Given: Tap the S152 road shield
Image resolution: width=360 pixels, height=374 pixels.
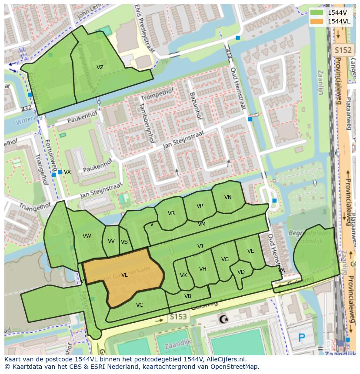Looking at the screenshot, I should click(342, 50).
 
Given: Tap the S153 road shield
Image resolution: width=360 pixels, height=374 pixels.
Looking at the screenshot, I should click(178, 317).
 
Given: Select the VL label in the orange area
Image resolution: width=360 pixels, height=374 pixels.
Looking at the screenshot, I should click(124, 275).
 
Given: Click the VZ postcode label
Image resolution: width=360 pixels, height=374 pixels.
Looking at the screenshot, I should click(100, 67).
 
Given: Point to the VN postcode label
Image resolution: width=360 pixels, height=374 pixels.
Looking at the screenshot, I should click(228, 197).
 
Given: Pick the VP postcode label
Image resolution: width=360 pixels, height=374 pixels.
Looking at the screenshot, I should click(200, 206).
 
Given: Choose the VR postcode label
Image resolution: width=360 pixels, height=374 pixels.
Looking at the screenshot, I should click(171, 213).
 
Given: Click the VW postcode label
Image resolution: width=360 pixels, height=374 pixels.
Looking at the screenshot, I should click(87, 236).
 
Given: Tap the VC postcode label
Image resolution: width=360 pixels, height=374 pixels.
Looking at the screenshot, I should click(139, 305).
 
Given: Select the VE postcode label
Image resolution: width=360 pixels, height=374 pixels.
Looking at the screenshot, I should click(250, 251).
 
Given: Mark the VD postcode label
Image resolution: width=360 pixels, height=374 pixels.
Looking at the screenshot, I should click(241, 272).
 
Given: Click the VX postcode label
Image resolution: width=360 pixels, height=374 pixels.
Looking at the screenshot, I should click(67, 172).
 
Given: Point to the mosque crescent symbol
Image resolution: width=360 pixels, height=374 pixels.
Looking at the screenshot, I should click(224, 319).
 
